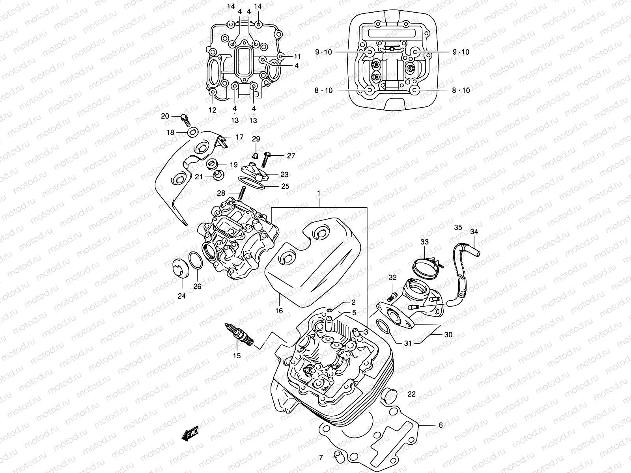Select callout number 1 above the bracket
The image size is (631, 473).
click(x=319, y=194)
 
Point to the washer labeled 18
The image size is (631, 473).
click(x=192, y=132)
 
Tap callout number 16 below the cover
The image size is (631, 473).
click(x=279, y=311)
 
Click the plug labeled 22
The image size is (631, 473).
click(x=388, y=394)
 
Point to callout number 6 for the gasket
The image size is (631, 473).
click(x=441, y=425)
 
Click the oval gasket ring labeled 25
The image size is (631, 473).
click(x=252, y=182)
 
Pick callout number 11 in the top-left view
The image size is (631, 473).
click(x=297, y=56)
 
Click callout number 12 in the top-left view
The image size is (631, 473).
click(x=213, y=110)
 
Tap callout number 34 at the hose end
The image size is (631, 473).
click(x=474, y=232)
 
